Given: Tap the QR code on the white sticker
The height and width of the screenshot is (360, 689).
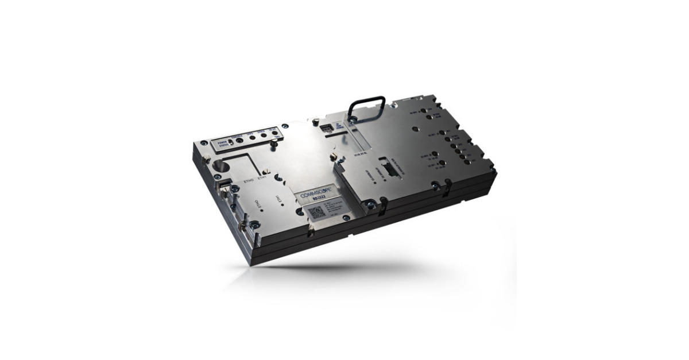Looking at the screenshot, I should [x=318, y=212].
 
